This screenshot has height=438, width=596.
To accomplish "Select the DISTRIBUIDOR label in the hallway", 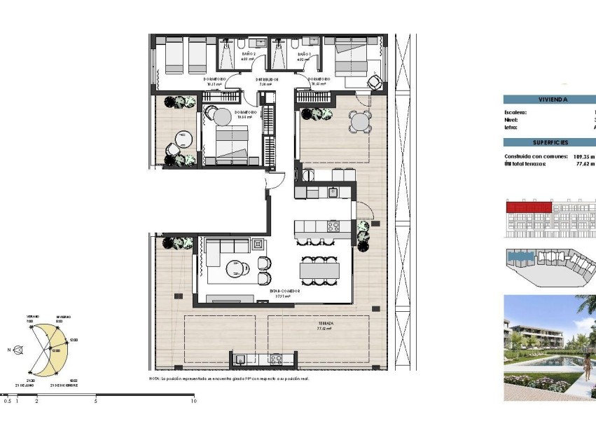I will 267,80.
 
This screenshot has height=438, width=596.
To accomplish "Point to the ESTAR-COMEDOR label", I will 284,290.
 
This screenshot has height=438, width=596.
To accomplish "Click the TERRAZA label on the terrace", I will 323,323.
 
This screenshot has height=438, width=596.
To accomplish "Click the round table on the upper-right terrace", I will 360,122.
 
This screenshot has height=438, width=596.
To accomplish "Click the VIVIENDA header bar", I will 548,100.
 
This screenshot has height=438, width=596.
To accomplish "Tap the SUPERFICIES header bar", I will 548,142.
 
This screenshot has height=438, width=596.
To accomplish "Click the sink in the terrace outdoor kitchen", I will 241,359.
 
